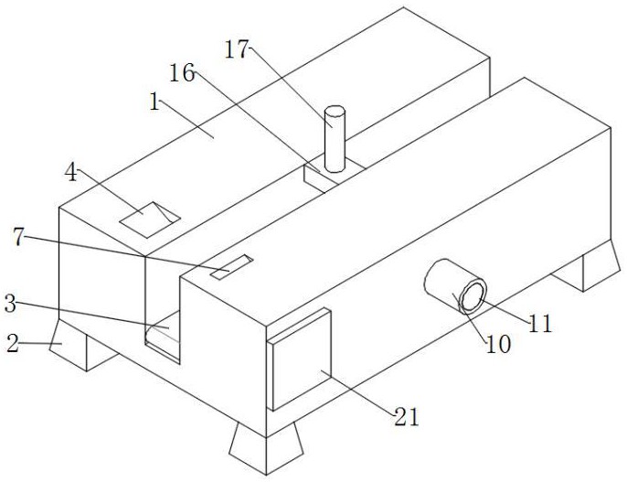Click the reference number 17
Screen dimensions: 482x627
click(x=236, y=49)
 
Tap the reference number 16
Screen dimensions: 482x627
click(x=183, y=73)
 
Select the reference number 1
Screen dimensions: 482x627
click(x=155, y=102)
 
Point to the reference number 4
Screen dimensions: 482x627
click(x=72, y=171)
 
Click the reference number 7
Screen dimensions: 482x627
click(x=18, y=237)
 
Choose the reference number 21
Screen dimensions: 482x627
click(x=406, y=418)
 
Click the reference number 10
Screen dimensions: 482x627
click(x=498, y=345)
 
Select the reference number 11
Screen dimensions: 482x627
click(x=541, y=323)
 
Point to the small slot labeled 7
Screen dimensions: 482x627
click(x=230, y=267)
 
